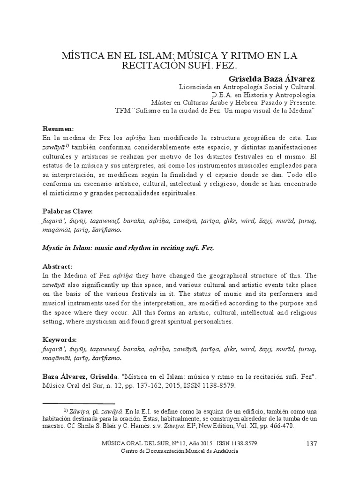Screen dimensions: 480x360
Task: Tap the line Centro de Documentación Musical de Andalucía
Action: point(180,451)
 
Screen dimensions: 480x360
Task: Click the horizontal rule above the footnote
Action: point(78,403)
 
